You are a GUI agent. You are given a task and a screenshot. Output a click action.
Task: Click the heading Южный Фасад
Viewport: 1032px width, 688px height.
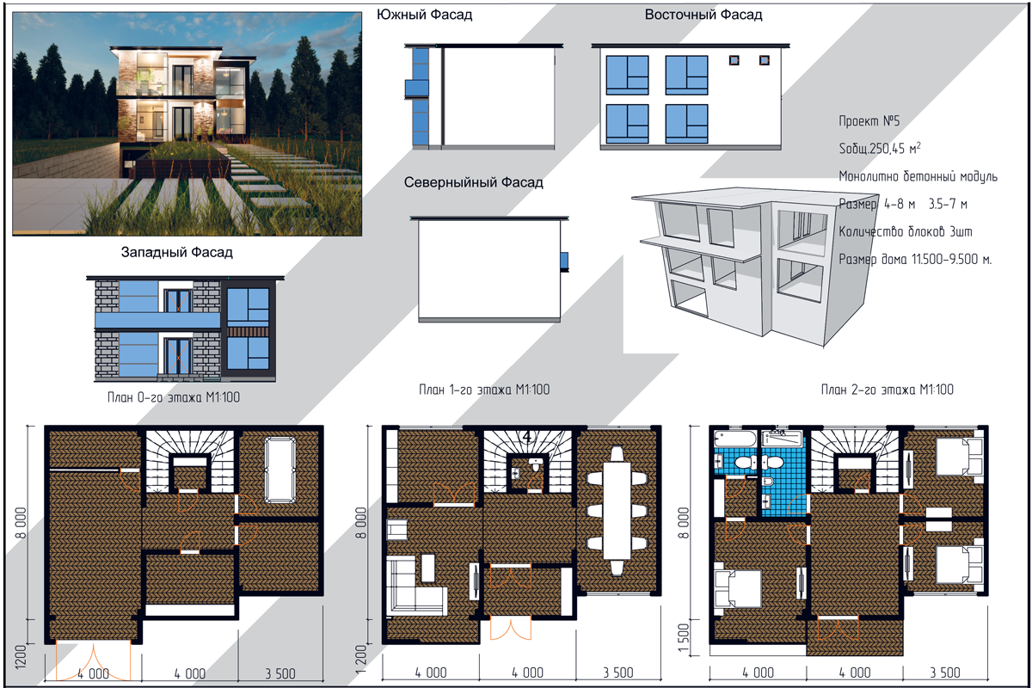pyautogui.click(x=424, y=15)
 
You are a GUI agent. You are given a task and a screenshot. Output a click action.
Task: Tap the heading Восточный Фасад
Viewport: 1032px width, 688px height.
pyautogui.click(x=703, y=15)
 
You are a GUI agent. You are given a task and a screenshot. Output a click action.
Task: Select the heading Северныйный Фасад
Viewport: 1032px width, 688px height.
pyautogui.click(x=473, y=182)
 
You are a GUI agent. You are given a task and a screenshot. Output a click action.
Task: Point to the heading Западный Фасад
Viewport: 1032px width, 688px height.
pyautogui.click(x=176, y=252)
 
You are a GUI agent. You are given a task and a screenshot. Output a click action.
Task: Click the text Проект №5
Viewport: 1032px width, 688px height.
pyautogui.click(x=869, y=120)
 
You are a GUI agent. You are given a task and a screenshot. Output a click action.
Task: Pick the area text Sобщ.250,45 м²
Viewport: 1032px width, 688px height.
pyautogui.click(x=880, y=148)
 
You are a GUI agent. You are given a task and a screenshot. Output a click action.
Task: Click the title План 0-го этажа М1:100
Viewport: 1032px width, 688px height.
pyautogui.click(x=174, y=397)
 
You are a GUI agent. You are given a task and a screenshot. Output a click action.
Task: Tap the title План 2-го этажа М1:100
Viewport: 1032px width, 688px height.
pyautogui.click(x=888, y=390)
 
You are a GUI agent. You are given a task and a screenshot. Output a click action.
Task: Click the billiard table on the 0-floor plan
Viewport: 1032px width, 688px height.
pyautogui.click(x=280, y=470)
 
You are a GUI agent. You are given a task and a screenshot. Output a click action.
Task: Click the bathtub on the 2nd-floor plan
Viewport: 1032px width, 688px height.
pyautogui.click(x=735, y=439)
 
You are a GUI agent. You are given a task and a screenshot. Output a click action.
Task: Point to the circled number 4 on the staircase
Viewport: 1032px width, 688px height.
pyautogui.click(x=527, y=437)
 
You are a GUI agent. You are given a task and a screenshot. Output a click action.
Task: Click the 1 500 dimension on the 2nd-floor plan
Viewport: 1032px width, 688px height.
pyautogui.click(x=685, y=638)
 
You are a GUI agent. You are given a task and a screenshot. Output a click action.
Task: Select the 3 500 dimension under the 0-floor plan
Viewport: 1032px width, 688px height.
pyautogui.click(x=280, y=673)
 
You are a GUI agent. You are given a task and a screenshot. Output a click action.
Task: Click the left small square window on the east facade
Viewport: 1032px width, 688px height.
pyautogui.click(x=734, y=60)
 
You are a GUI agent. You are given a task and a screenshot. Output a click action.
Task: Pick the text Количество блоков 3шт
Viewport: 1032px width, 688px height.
pyautogui.click(x=906, y=231)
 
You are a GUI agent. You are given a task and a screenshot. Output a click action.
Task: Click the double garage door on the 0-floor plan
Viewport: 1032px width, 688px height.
pyautogui.click(x=93, y=660)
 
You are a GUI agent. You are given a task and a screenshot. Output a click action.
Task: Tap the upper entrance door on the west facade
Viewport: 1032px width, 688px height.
pyautogui.click(x=178, y=300)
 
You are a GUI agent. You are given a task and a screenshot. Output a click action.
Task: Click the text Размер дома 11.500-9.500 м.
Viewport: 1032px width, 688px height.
pyautogui.click(x=915, y=259)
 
